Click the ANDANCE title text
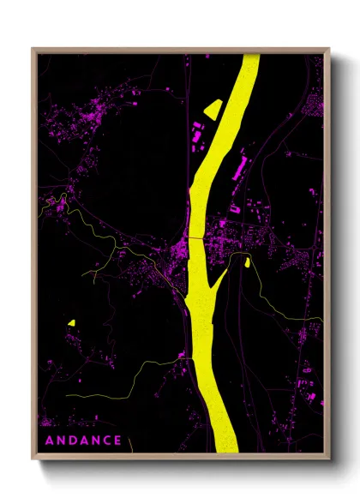click(82, 441)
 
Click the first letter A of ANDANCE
click(48, 441)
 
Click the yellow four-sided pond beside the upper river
click(211, 108)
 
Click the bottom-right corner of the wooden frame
click(329, 459)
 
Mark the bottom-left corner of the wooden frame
click(33, 459)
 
